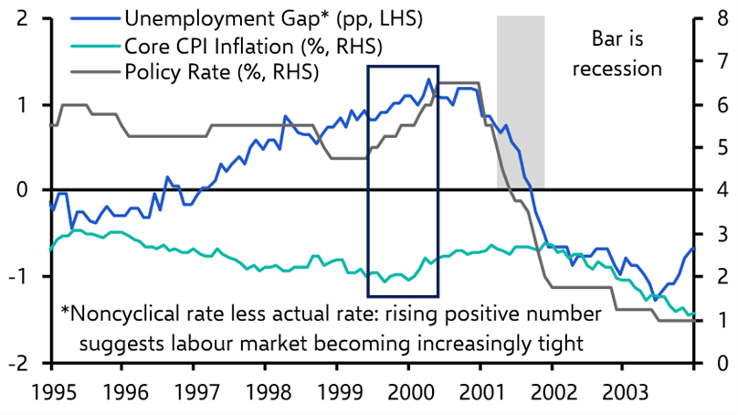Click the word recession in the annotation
[624, 68]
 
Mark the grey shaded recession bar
[521, 101]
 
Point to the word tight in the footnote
[554, 343]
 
